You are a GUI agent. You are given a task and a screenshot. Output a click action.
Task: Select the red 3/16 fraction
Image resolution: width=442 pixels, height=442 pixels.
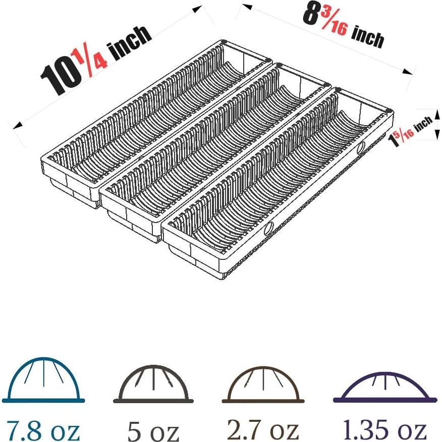334,24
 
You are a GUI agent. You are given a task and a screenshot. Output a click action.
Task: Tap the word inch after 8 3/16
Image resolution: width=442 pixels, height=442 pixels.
368,36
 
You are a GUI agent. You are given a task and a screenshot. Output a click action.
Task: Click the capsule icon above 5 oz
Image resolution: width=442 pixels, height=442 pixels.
153,384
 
